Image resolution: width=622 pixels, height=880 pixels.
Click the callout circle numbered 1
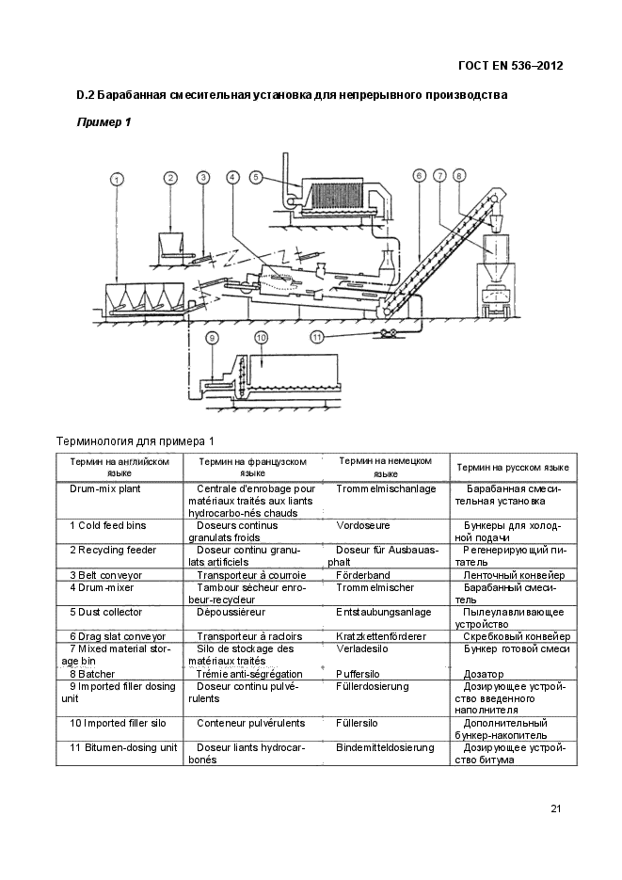tap(116, 178)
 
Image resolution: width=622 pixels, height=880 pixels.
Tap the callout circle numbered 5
tap(257, 176)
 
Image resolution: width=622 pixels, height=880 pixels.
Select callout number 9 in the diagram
tap(213, 337)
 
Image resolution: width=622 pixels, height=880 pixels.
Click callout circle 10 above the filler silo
tap(262, 337)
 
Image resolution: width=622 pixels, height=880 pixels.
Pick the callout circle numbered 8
tap(458, 175)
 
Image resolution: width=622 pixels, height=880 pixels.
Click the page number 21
tap(556, 808)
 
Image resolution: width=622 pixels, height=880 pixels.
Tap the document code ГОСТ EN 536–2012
tap(510, 66)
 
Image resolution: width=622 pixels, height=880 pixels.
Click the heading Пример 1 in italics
tap(103, 122)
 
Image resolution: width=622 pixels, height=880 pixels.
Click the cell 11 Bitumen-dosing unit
tap(123, 747)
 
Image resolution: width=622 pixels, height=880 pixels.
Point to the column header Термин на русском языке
tap(512, 467)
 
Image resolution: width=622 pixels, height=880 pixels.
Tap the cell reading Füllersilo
tap(357, 723)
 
